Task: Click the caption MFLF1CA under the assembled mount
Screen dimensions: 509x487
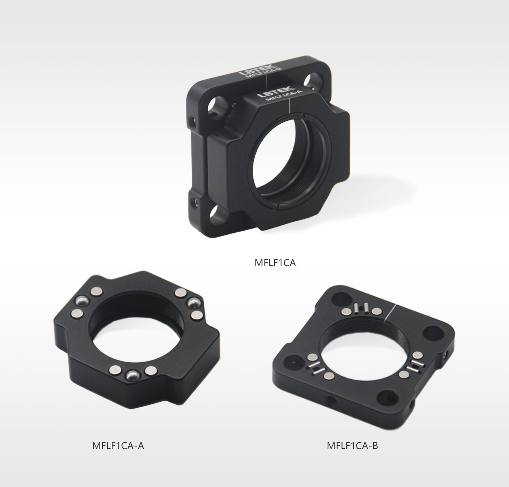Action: [x=275, y=262]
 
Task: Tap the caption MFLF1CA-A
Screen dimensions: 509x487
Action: [x=118, y=446]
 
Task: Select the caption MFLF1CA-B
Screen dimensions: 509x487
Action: [x=352, y=446]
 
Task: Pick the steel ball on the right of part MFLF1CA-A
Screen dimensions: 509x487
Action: [x=194, y=303]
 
